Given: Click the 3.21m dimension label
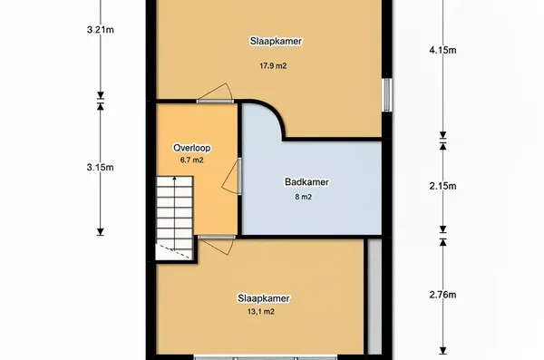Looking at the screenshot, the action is click(101, 30).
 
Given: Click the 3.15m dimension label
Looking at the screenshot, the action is click(101, 168).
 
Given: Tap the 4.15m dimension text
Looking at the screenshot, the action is click(442, 51).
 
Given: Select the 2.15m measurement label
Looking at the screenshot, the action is click(442, 187).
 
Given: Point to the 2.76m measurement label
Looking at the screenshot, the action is click(442, 295).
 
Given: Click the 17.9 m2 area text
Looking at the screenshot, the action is click(273, 65).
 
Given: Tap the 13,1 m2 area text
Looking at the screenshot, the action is click(261, 312).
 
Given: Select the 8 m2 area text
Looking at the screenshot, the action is click(303, 197).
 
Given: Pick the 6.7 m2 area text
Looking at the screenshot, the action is click(191, 160).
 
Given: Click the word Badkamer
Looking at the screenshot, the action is click(306, 182).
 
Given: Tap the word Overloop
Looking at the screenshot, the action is click(192, 148).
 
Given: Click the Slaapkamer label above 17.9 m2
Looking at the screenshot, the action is click(276, 41).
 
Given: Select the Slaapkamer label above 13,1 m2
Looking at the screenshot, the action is click(264, 298).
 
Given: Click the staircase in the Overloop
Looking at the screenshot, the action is click(174, 218).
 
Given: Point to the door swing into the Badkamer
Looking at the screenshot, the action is click(231, 176).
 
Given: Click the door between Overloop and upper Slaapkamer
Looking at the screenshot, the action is click(215, 93).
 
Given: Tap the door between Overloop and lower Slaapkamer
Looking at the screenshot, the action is click(217, 245).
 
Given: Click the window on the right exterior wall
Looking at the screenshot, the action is click(387, 95).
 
